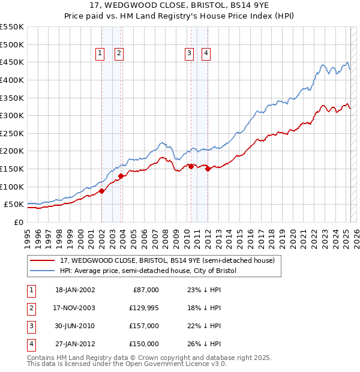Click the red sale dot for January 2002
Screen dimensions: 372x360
(x=101, y=191)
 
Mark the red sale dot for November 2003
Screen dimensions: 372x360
(x=121, y=176)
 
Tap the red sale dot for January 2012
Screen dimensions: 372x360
(x=208, y=169)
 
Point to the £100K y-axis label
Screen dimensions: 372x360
(x=12, y=187)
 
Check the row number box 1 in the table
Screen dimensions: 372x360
(x=31, y=289)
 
